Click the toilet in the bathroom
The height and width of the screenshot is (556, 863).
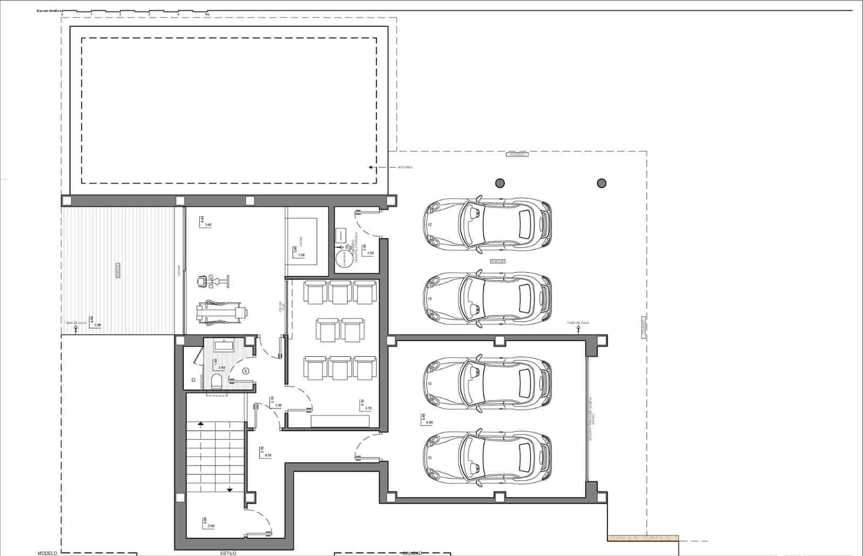click(217, 382)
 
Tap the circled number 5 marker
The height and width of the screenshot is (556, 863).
click(245, 371)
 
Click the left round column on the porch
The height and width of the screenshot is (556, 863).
click(500, 183)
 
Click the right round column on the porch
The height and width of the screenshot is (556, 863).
click(601, 183)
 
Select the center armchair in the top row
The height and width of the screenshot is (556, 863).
click(340, 292)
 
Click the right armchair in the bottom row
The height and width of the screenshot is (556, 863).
click(365, 368)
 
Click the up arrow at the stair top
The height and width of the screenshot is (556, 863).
click(201, 425)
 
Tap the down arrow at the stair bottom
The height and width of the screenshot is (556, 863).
click(230, 489)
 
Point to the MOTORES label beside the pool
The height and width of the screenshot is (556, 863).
click(405, 167)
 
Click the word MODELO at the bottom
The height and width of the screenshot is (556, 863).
click(47, 553)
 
